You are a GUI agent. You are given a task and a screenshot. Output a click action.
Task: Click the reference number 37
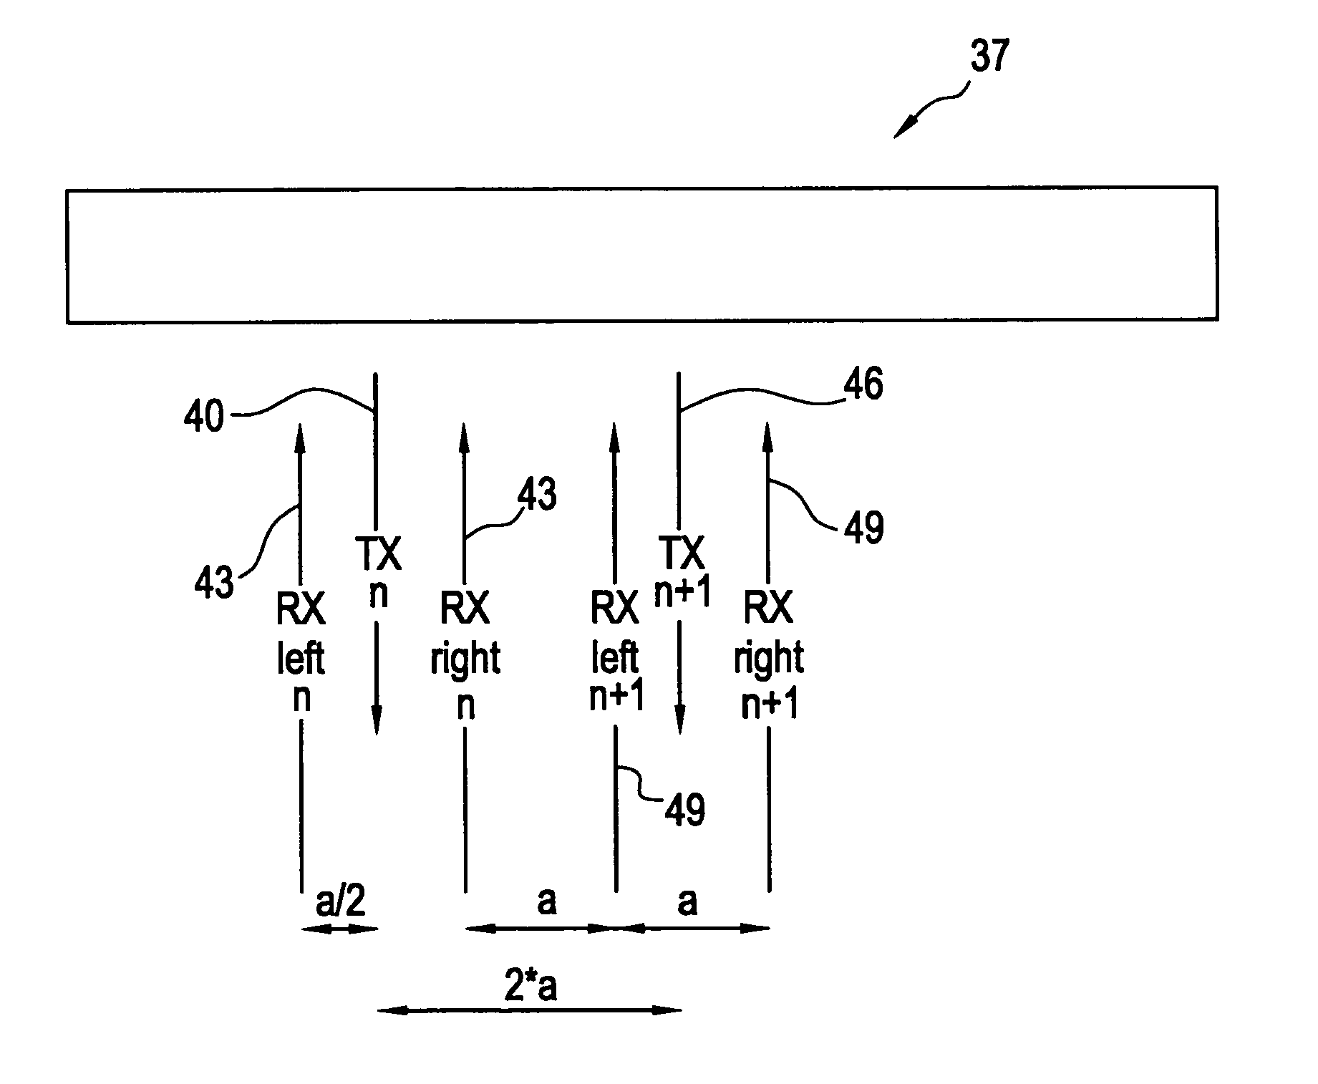[990, 57]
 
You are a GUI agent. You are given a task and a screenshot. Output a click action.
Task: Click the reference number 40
[204, 416]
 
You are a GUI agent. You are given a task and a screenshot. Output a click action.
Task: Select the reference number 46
[864, 385]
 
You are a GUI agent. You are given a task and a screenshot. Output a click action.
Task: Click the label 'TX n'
[377, 574]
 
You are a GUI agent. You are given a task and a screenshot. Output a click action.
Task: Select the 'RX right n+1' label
[769, 655]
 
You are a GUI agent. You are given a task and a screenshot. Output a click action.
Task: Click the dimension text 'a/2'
[341, 903]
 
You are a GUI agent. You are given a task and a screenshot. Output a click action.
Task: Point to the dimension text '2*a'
[530, 987]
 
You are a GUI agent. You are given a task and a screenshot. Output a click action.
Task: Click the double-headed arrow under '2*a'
[530, 1010]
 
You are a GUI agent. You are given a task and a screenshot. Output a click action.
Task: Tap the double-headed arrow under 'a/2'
[339, 929]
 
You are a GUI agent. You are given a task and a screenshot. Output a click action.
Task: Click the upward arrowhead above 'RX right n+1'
[768, 436]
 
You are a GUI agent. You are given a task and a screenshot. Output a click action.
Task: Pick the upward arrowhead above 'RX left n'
[299, 436]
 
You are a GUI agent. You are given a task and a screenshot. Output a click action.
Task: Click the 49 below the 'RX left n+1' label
[685, 810]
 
